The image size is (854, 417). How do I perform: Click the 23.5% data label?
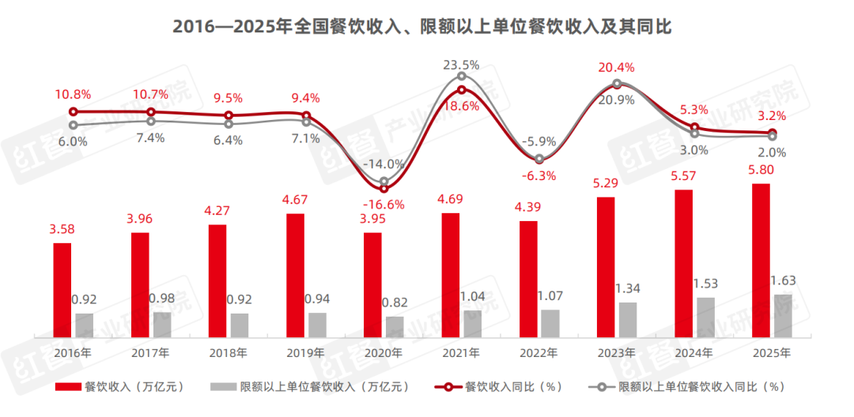pos(461,66)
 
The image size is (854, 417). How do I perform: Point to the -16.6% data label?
pos(385,205)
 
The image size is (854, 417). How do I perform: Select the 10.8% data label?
pos(73,95)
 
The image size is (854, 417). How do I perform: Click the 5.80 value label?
pos(760,170)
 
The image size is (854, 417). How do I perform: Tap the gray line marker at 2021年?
pos(461,77)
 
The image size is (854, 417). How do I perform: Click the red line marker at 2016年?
pos(74,112)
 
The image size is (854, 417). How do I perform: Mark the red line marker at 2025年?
pos(773,133)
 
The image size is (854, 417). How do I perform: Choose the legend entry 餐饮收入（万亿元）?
pos(119,387)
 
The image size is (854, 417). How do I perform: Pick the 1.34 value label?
pos(627,287)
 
